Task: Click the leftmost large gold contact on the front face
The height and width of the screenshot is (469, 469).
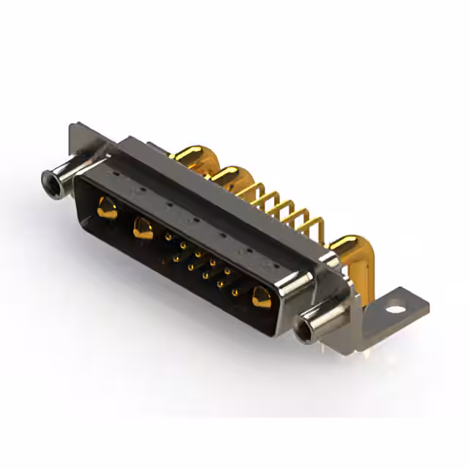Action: coord(106,209)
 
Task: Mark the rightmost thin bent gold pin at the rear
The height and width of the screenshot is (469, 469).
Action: coord(312,224)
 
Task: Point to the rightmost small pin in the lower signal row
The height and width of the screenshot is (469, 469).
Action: coord(234,292)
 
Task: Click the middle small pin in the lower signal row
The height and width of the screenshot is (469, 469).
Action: coord(205,276)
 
